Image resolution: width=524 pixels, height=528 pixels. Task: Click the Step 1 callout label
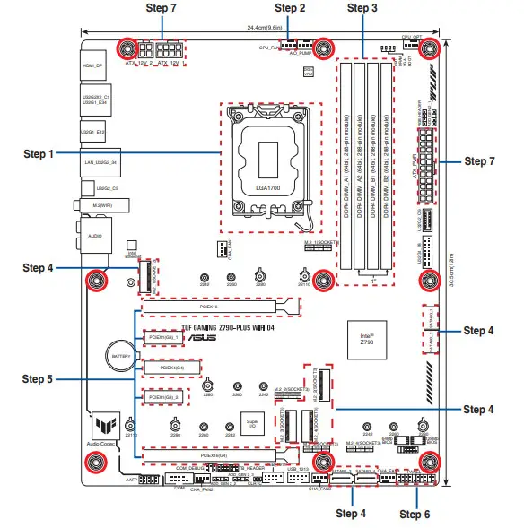click(x=39, y=153)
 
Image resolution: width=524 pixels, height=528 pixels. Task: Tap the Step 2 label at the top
click(x=290, y=7)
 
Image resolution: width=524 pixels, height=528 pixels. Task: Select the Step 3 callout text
click(x=362, y=7)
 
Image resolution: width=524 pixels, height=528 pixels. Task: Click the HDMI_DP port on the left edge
click(x=93, y=65)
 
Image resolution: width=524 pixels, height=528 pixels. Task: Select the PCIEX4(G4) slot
click(x=171, y=368)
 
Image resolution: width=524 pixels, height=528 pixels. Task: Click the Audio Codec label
click(x=100, y=443)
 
